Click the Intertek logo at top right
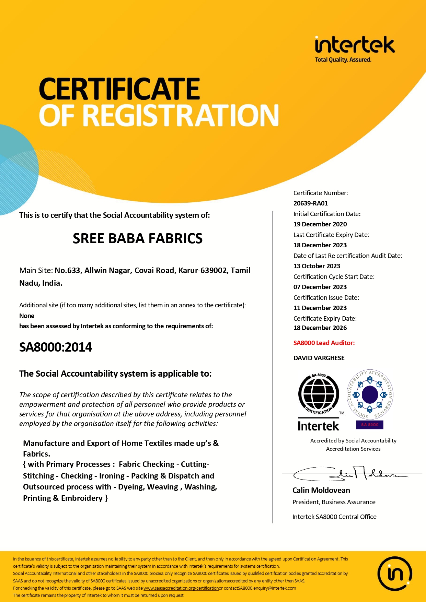(x=355, y=48)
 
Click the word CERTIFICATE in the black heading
(x=119, y=89)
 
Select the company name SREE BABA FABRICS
(x=138, y=238)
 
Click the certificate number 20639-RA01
(x=311, y=203)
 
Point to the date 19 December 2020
(x=320, y=224)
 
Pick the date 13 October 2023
(x=316, y=266)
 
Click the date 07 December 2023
(x=320, y=287)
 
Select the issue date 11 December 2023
(x=320, y=308)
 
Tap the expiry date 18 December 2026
(x=320, y=328)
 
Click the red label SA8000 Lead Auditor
(x=324, y=343)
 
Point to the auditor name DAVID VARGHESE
(x=319, y=358)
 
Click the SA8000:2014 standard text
(x=56, y=347)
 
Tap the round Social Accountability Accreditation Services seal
(x=370, y=394)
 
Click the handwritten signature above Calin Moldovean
(x=350, y=474)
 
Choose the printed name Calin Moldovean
(x=321, y=491)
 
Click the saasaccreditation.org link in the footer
(x=181, y=588)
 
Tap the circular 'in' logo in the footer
(x=395, y=574)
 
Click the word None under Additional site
(x=27, y=316)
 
